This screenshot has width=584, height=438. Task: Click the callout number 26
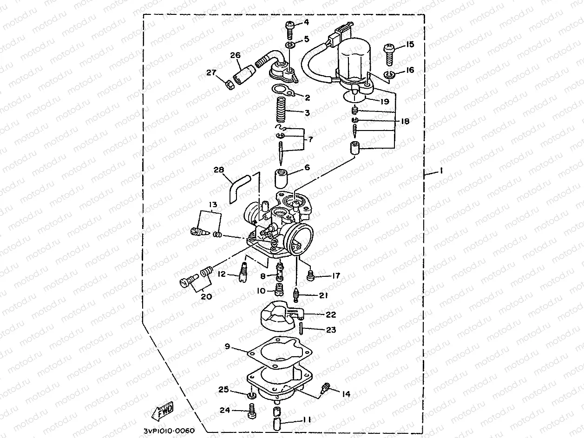pyautogui.click(x=236, y=55)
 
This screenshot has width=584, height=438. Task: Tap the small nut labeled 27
pyautogui.click(x=229, y=85)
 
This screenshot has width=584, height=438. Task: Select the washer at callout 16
pyautogui.click(x=389, y=75)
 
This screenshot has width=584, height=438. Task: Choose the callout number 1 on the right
pyautogui.click(x=441, y=171)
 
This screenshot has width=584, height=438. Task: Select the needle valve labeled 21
pyautogui.click(x=295, y=294)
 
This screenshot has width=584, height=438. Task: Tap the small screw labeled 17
pyautogui.click(x=311, y=277)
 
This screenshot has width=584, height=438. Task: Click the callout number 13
pyautogui.click(x=213, y=204)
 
